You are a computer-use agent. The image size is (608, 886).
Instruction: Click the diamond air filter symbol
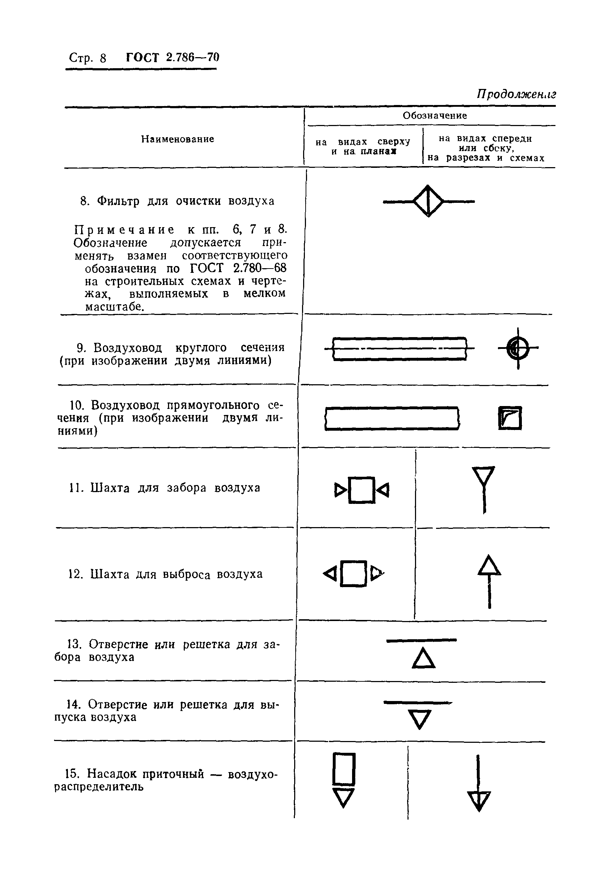click(x=428, y=201)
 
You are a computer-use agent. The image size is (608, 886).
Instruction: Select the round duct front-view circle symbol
click(x=518, y=348)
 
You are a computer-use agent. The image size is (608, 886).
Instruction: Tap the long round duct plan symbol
click(x=399, y=349)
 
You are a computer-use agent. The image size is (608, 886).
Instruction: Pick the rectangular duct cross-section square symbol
click(x=510, y=418)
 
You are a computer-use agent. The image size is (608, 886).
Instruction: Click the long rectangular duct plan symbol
click(x=392, y=418)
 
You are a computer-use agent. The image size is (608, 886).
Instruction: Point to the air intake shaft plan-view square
click(x=361, y=490)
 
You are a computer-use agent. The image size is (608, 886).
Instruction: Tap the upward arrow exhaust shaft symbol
click(x=489, y=581)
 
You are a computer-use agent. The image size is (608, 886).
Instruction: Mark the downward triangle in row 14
click(x=420, y=719)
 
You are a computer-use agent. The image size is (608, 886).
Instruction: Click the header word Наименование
click(x=178, y=139)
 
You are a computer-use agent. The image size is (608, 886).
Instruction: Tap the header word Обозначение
click(x=435, y=115)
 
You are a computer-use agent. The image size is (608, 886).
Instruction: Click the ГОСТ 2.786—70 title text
click(x=173, y=57)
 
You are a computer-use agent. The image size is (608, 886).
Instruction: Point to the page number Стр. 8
click(x=88, y=58)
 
